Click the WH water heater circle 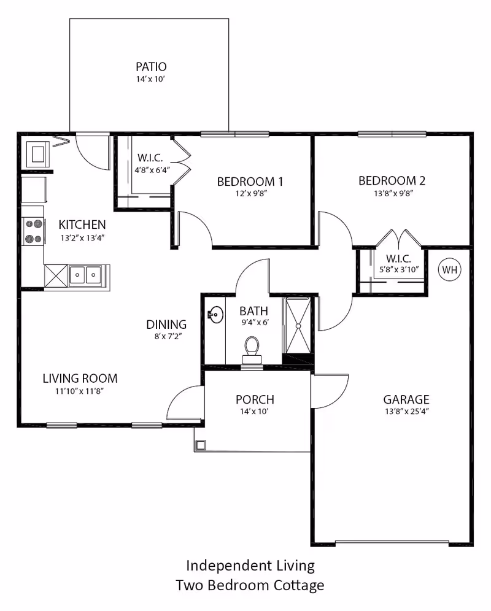(449, 269)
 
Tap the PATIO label (151, 66)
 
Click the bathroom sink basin (215, 315)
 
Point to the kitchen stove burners (33, 232)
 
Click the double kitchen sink (85, 275)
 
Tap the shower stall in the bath (298, 325)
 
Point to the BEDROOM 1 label (250, 182)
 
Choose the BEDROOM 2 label (392, 181)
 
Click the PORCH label (255, 400)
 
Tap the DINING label (166, 325)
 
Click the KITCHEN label (82, 225)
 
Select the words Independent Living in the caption (250, 564)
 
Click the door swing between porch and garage (328, 391)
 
